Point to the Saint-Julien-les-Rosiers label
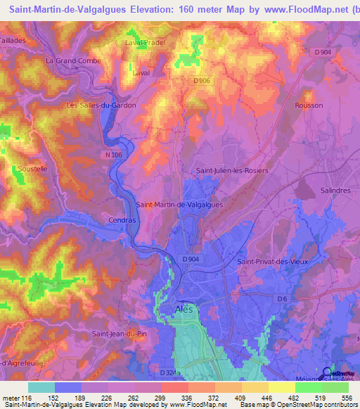pos(228,170)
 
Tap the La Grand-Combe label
pos(73,61)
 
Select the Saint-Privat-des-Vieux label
pos(273,262)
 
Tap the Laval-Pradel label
pos(145,42)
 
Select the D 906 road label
pos(201,82)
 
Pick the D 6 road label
pos(282,299)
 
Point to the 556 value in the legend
pos(347,397)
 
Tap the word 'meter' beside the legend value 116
pos(11,397)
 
